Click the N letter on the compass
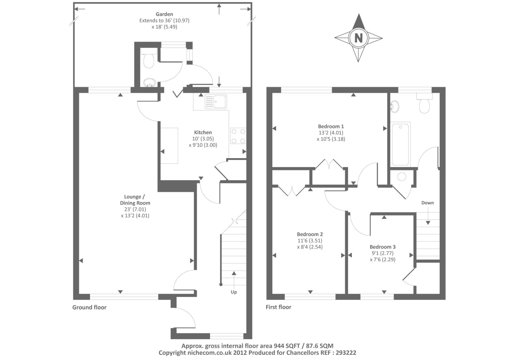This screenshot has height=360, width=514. tap(359, 38)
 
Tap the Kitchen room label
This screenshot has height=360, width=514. tap(203, 132)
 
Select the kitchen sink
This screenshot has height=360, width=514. tap(216, 101)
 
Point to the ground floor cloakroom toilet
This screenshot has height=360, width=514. tap(149, 58)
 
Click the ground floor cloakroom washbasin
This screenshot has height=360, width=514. tap(149, 83)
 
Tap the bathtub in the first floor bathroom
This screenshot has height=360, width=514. tap(400, 144)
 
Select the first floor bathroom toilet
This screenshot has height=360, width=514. tap(424, 103)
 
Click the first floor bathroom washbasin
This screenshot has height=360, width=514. tap(394, 107)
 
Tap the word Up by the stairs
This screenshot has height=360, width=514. tap(234, 292)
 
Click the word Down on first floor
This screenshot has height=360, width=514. tap(428, 203)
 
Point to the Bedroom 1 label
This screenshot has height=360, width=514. tap(331, 126)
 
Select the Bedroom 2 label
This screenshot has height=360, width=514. tap(310, 234)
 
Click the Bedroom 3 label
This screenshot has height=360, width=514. tap(383, 247)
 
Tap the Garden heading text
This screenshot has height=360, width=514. tap(164, 14)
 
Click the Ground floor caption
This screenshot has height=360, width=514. tap(90, 307)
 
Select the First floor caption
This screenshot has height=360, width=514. tap(278, 307)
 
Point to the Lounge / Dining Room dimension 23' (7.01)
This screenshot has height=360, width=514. tap(135, 209)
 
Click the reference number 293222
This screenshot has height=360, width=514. tap(346, 353)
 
